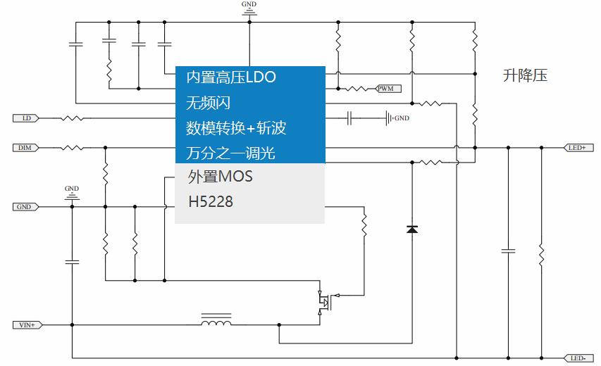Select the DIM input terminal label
tap(26, 148)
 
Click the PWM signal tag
tap(388, 89)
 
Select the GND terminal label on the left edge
tap(26, 207)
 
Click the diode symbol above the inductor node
tap(412, 229)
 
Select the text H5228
tap(210, 203)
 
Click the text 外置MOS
tap(220, 176)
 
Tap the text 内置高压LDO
tap(230, 77)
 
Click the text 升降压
tap(525, 76)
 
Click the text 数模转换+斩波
tap(236, 128)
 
